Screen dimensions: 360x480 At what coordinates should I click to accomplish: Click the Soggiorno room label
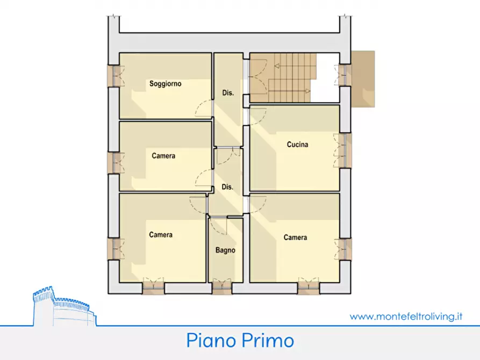point(165,84)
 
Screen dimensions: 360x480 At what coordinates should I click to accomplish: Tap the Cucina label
point(297,145)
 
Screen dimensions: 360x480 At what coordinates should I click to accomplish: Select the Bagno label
point(225,250)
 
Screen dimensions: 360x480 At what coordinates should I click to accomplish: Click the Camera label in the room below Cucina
point(295,237)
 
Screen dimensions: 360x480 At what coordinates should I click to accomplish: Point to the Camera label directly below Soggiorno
point(163,156)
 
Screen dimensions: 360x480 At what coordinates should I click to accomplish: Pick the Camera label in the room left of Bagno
point(161,235)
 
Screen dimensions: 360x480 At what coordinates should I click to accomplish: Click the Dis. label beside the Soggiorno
point(228,93)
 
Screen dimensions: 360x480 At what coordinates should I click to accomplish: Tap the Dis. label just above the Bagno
point(227,187)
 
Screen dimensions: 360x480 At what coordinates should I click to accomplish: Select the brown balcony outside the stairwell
point(363,79)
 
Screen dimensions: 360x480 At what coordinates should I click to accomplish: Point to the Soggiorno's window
point(114,76)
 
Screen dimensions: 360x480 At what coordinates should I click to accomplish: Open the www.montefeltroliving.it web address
point(406,316)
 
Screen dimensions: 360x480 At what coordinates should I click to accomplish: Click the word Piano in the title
point(210,341)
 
